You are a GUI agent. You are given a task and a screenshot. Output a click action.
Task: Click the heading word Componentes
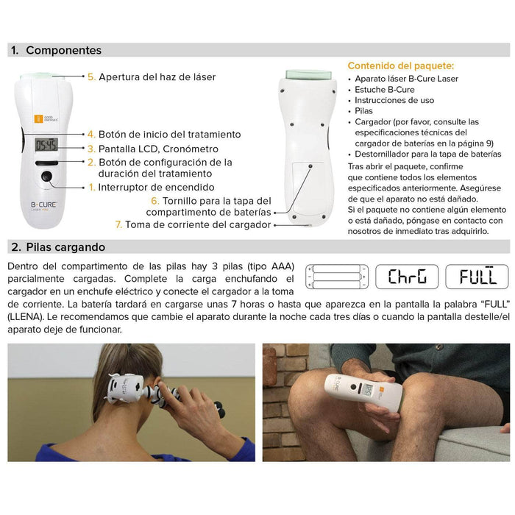click(x=64, y=50)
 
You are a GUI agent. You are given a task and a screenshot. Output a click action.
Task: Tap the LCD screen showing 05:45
click(x=46, y=145)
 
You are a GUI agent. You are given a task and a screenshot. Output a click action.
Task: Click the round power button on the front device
click(x=46, y=177)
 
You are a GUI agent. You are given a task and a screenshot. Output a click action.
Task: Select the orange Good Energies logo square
click(x=38, y=118)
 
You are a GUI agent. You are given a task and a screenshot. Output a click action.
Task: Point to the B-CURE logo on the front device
click(x=44, y=205)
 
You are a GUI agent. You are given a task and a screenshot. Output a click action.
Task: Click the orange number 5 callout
click(x=91, y=77)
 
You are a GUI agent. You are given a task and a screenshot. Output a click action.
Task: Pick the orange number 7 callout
click(x=118, y=224)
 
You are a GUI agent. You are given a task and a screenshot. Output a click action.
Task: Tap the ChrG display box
click(x=407, y=277)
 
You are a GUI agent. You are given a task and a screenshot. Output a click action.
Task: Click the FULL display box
click(x=477, y=277)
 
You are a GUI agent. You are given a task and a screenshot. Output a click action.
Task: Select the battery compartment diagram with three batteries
click(x=337, y=277)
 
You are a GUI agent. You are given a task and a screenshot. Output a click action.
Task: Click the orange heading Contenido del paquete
click(x=401, y=65)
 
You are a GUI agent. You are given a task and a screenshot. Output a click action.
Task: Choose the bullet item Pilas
click(x=363, y=111)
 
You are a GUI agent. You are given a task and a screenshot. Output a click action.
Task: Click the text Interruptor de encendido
click(x=156, y=187)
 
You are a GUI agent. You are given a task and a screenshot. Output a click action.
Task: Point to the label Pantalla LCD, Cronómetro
click(x=158, y=149)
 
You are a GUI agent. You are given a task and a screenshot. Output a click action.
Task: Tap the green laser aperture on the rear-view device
click(x=308, y=74)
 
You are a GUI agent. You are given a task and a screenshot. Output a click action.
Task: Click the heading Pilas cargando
click(x=65, y=247)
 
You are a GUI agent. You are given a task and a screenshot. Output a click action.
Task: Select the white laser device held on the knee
click(x=363, y=392)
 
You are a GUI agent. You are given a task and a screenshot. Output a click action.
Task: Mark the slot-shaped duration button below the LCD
click(x=46, y=163)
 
